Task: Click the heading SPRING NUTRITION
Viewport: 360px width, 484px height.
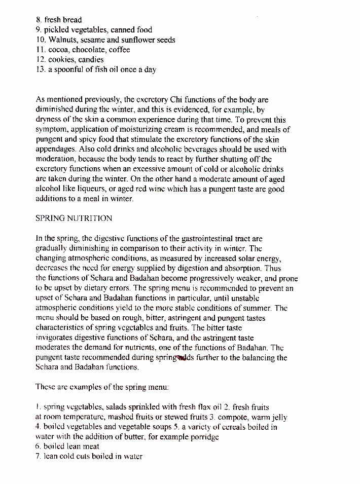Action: pyautogui.click(x=74, y=218)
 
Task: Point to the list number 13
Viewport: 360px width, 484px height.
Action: pyautogui.click(x=41, y=69)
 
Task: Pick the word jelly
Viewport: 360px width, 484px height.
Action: pyautogui.click(x=278, y=417)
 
